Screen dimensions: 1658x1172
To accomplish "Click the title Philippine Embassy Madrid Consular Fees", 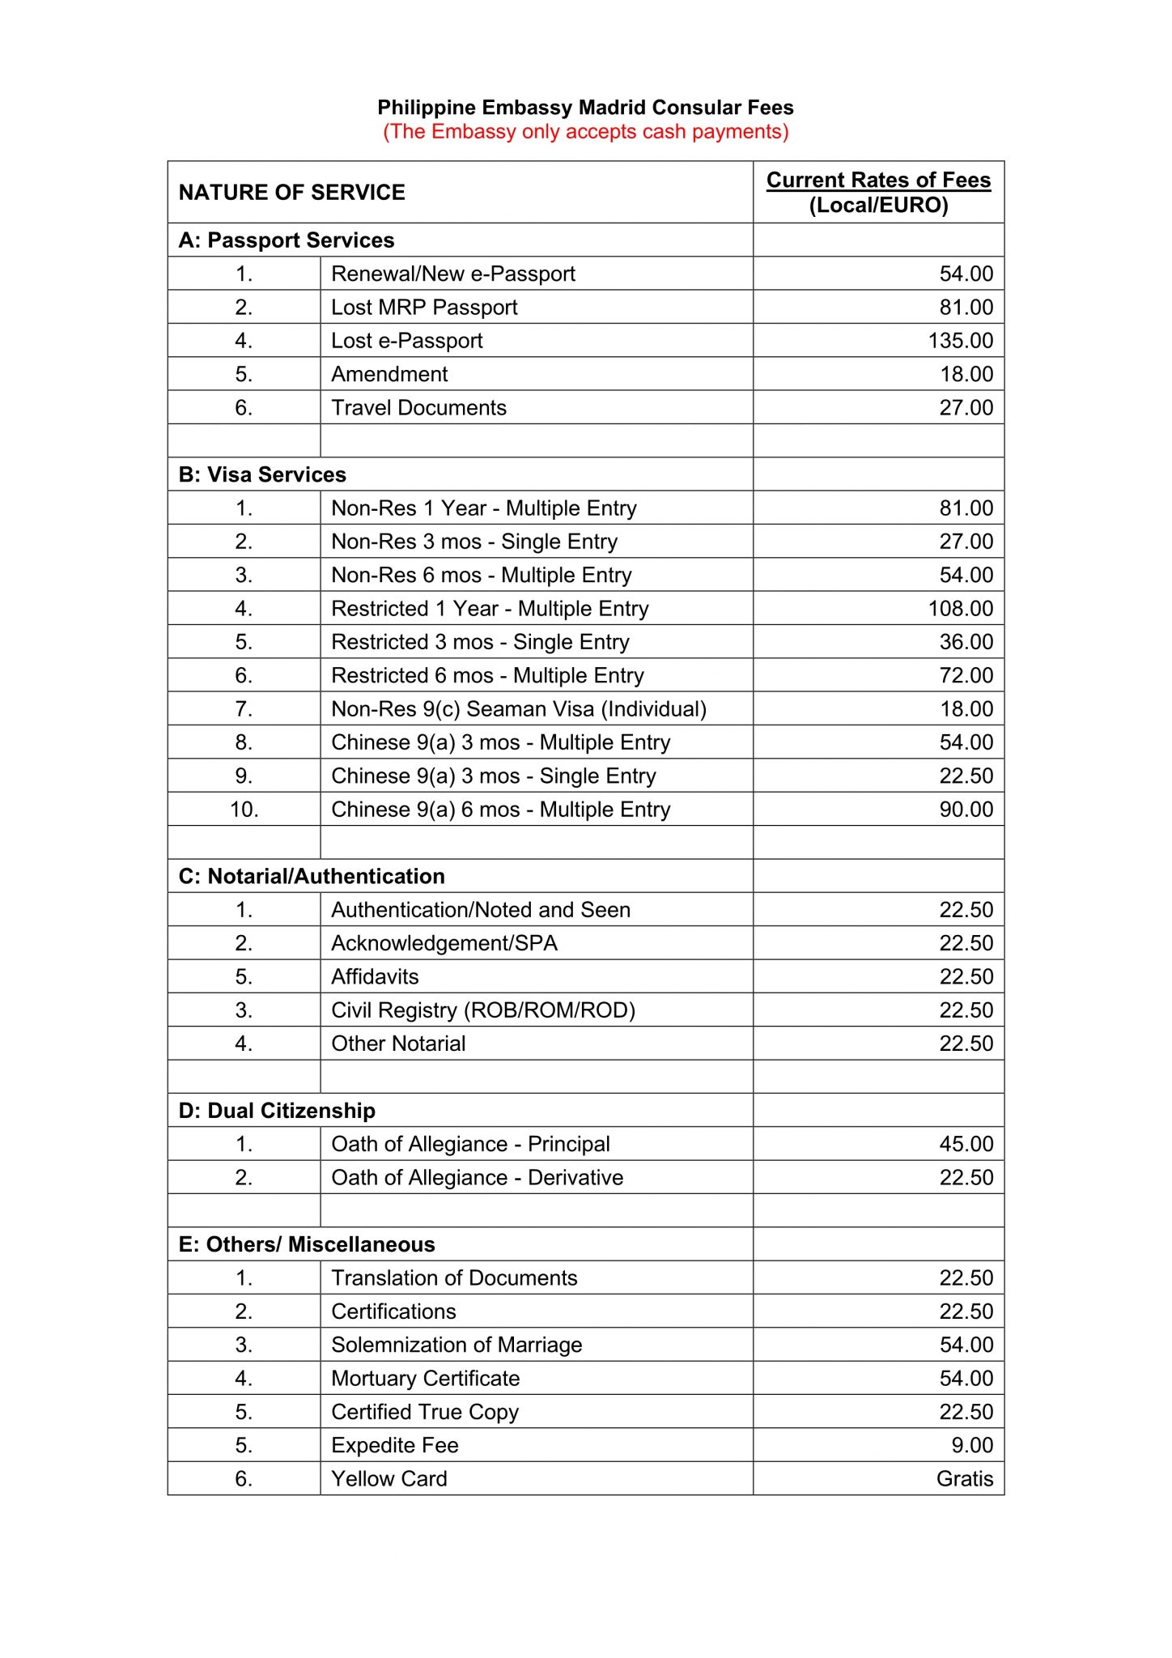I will click(585, 108).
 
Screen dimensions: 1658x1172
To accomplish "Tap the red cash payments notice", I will click(585, 132).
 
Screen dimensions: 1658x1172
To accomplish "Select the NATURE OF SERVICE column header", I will click(291, 193).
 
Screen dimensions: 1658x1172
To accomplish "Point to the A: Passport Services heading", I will click(287, 240).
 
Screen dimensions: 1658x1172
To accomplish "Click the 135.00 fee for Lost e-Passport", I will click(960, 341).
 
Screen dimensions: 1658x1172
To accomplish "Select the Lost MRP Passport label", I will click(424, 308).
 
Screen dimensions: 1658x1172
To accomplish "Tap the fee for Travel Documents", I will click(966, 408).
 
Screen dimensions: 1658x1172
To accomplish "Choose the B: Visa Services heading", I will click(262, 474).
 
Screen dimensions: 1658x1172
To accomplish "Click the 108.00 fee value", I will click(960, 609).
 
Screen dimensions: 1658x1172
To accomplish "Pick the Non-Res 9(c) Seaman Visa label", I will click(519, 709).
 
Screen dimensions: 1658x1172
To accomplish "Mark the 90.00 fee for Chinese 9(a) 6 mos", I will click(966, 810).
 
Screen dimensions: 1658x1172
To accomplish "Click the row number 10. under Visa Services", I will click(244, 810).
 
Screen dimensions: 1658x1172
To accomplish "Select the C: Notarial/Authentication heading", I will click(312, 876).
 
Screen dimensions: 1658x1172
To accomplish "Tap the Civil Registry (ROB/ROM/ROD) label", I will click(483, 1010).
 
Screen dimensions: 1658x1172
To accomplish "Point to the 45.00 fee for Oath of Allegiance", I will click(966, 1144).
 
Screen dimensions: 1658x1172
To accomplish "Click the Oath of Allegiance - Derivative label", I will click(477, 1178).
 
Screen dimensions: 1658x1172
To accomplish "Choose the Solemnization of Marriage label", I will click(456, 1345).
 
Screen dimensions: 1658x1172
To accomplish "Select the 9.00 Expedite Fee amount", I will click(972, 1445).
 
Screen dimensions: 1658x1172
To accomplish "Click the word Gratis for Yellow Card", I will click(964, 1479).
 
